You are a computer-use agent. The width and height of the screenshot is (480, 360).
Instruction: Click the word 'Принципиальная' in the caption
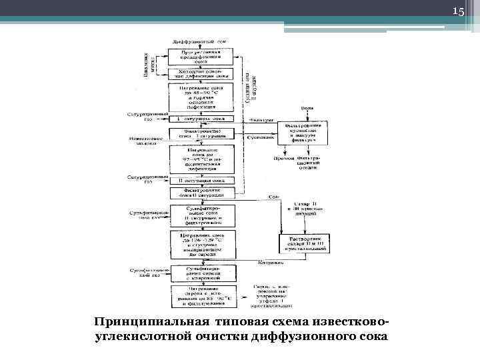tap(145, 323)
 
